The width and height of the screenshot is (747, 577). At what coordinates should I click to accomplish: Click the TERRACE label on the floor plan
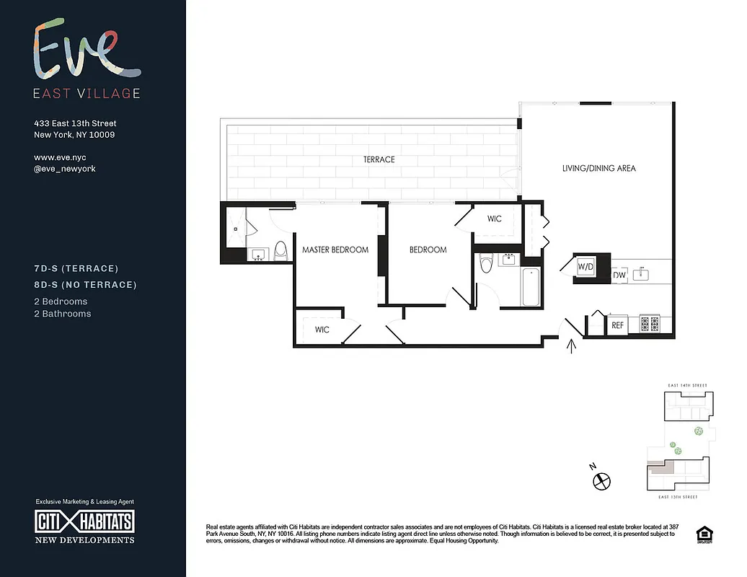pos(379,159)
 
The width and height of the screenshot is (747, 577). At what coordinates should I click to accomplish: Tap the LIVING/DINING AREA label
pos(599,168)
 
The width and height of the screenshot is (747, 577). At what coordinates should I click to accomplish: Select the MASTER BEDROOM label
pos(335,250)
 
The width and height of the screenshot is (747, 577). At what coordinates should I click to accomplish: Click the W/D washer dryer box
pos(585,268)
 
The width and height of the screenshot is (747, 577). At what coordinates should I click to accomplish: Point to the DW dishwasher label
pos(619,275)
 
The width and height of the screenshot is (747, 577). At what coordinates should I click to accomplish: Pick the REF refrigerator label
pos(617,326)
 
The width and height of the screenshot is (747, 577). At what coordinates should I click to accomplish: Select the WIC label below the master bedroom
pos(322,330)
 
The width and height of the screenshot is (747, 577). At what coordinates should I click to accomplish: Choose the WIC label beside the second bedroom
pos(494,219)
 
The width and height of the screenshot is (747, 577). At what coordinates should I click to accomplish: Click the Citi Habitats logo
pos(85,522)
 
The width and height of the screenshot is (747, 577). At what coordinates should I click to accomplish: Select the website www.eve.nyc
pos(65,157)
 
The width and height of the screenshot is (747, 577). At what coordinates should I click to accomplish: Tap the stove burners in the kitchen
pos(649,325)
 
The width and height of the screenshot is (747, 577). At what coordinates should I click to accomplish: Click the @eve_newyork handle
pos(65,169)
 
